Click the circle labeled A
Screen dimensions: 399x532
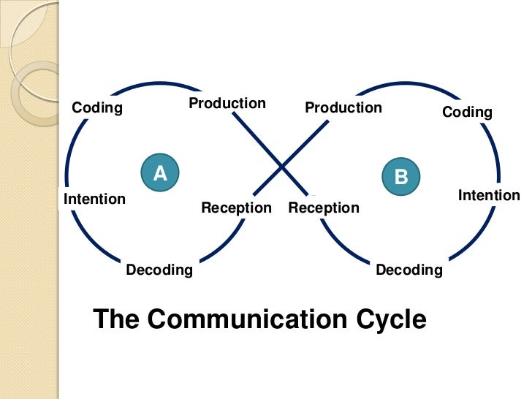tap(160, 172)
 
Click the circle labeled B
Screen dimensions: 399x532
tap(400, 177)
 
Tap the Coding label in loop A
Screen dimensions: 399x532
tap(97, 108)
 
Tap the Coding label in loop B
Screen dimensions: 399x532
tap(467, 112)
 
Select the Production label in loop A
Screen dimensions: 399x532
tap(227, 103)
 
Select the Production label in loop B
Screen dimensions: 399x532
tap(343, 107)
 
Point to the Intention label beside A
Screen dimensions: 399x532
tap(95, 199)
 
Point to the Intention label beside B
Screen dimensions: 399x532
tap(489, 195)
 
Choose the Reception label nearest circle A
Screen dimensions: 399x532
tap(236, 208)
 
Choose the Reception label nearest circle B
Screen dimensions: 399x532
tap(324, 208)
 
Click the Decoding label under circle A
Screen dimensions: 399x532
tap(159, 270)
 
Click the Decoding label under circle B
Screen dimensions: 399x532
tap(409, 270)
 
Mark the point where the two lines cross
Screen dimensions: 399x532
tap(281, 168)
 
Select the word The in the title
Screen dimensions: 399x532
tap(116, 319)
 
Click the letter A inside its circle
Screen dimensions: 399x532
tap(160, 173)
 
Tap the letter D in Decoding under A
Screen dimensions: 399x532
tap(131, 270)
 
